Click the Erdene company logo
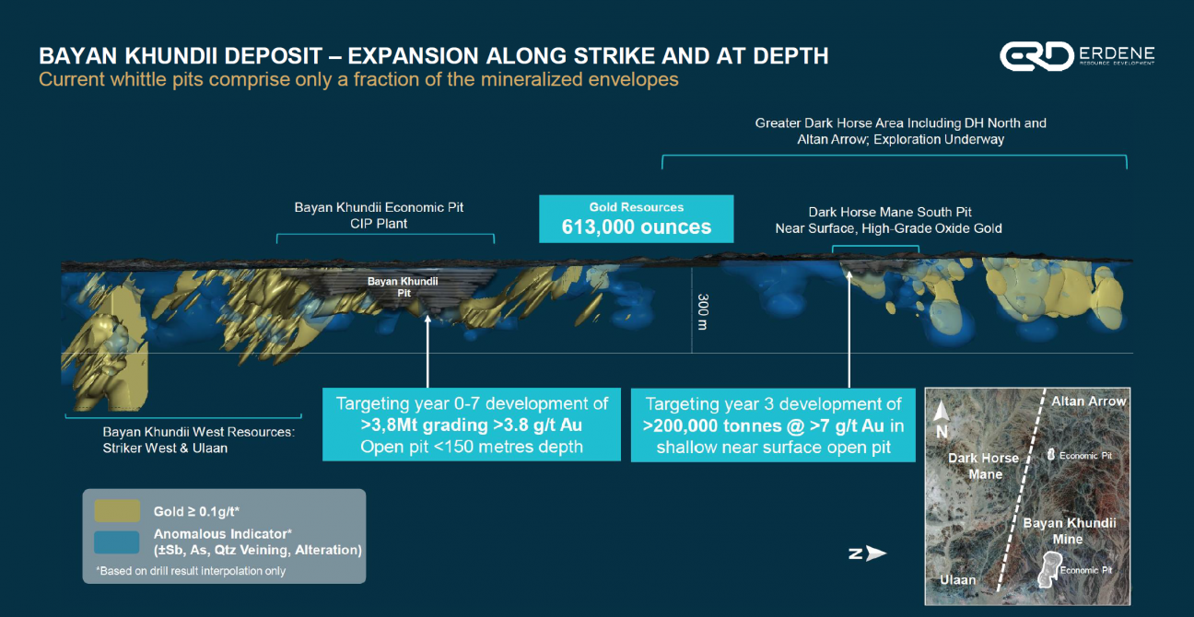pyautogui.click(x=1077, y=56)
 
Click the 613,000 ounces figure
pyautogui.click(x=637, y=227)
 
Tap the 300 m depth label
pyautogui.click(x=703, y=311)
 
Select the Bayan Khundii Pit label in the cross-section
pyautogui.click(x=403, y=286)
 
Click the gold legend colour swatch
pyautogui.click(x=117, y=511)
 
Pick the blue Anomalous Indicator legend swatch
pyautogui.click(x=117, y=542)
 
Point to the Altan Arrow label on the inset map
pyautogui.click(x=1088, y=402)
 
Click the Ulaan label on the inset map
pyautogui.click(x=958, y=579)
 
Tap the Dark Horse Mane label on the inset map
pyautogui.click(x=983, y=466)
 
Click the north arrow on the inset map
pyautogui.click(x=942, y=412)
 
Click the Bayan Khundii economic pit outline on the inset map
pyautogui.click(x=1049, y=569)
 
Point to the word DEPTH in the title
pyautogui.click(x=791, y=56)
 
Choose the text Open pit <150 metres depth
pyautogui.click(x=472, y=447)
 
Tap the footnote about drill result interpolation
pyautogui.click(x=191, y=571)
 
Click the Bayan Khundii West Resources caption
pyautogui.click(x=198, y=439)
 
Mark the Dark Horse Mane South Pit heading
pyautogui.click(x=890, y=212)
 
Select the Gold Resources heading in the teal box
pyautogui.click(x=637, y=207)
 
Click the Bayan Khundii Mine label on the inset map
pyautogui.click(x=1069, y=530)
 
